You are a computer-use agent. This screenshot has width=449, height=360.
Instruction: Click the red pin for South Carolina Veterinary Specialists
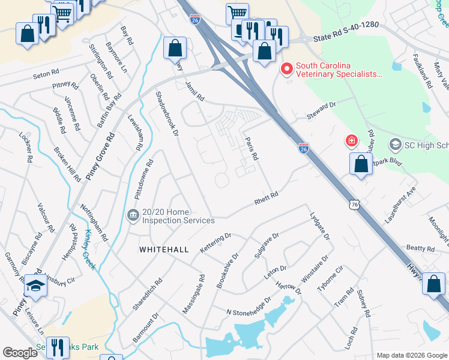point(287,70)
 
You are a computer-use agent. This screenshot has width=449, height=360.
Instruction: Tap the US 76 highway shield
point(355,206)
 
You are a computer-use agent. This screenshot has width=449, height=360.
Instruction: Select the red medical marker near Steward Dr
point(351,142)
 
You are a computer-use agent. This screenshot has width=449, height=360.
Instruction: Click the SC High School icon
point(395,145)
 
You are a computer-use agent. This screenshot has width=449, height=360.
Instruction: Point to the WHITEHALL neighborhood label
point(164,249)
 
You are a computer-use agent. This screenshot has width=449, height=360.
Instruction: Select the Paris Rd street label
point(252,148)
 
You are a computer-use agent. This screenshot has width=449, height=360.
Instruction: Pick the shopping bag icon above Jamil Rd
point(175,47)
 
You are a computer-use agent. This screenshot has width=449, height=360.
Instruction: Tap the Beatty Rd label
point(420,248)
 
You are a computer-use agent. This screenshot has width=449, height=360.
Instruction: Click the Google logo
point(20,353)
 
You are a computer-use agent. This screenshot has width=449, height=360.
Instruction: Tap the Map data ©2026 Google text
point(412,355)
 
